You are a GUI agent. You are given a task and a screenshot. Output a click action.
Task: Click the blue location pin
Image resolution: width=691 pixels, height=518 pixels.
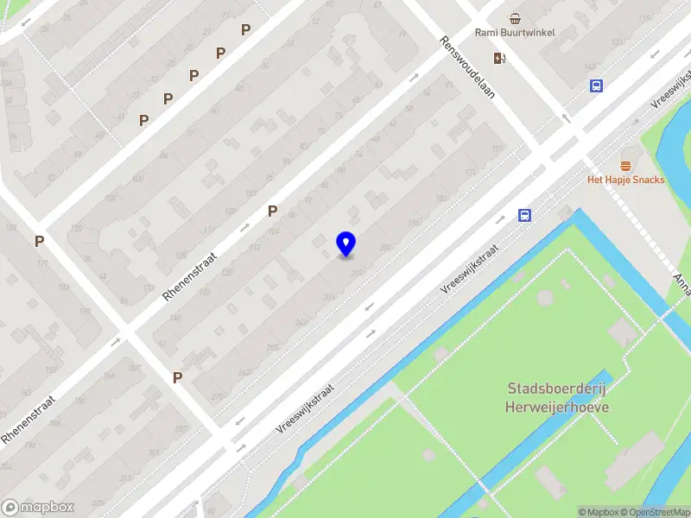click(345, 244)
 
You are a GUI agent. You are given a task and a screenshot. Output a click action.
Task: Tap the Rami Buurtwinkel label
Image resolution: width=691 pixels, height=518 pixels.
click(515, 33)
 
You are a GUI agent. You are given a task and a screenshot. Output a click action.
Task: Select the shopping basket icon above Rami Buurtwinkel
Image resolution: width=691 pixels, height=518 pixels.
click(515, 18)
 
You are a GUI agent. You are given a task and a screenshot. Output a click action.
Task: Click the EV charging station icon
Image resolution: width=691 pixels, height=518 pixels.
click(499, 58)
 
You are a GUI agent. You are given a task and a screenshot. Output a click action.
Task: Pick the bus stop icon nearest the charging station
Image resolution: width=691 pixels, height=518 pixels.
click(596, 85)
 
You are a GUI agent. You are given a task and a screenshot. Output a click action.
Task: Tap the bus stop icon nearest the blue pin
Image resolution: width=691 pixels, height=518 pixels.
click(524, 216)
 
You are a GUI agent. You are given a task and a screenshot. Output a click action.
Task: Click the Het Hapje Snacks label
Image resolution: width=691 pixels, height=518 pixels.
click(625, 180)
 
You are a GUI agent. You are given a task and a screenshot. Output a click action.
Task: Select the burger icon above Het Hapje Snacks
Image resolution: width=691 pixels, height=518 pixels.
click(626, 165)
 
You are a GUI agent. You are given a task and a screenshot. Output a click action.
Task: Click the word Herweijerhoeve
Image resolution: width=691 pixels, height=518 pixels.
click(557, 407)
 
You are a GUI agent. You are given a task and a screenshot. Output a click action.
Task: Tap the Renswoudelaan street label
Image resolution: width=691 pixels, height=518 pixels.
click(466, 66)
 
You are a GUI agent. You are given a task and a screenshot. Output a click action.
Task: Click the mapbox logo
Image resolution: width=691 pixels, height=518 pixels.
click(38, 508)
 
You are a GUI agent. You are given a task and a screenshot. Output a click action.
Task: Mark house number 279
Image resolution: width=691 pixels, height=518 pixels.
click(216, 396)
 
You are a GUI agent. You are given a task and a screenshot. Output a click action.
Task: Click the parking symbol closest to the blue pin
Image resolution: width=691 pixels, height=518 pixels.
click(272, 211)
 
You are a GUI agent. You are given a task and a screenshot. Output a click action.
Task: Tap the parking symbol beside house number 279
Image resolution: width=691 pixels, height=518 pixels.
click(177, 377)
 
